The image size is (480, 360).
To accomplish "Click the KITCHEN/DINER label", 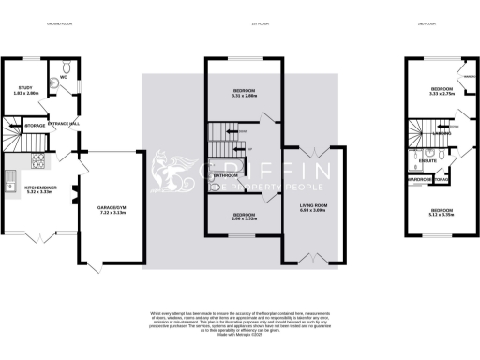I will point(40,187).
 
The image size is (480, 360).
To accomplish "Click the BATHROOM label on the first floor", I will point(224,175).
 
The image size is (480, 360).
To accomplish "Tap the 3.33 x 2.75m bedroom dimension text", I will point(441,94).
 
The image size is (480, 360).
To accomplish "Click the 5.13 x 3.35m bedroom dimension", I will point(441,214).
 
